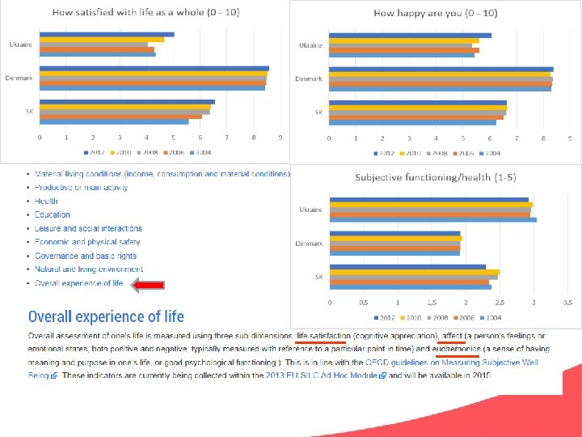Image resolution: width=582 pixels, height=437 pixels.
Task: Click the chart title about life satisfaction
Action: (x=151, y=12)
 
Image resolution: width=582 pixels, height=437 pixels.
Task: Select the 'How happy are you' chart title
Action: (x=435, y=13)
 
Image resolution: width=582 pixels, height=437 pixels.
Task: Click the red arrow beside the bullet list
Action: (x=148, y=284)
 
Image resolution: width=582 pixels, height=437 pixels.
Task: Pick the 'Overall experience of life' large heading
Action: (x=106, y=316)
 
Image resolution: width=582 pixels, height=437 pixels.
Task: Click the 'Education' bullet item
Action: (x=53, y=214)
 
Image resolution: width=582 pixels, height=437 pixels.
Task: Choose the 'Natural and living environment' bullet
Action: (x=89, y=269)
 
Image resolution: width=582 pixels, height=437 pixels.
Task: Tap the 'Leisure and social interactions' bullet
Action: (x=88, y=228)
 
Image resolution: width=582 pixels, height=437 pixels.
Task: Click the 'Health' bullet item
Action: (x=46, y=201)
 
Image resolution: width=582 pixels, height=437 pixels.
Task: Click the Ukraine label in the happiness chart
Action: (x=310, y=45)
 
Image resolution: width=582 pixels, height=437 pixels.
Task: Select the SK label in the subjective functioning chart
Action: (x=318, y=277)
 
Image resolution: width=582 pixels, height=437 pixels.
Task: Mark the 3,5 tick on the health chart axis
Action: (x=567, y=302)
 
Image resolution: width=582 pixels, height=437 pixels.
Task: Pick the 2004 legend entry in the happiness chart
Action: (x=491, y=152)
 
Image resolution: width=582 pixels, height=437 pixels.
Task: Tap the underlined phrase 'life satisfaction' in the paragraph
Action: (x=323, y=336)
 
